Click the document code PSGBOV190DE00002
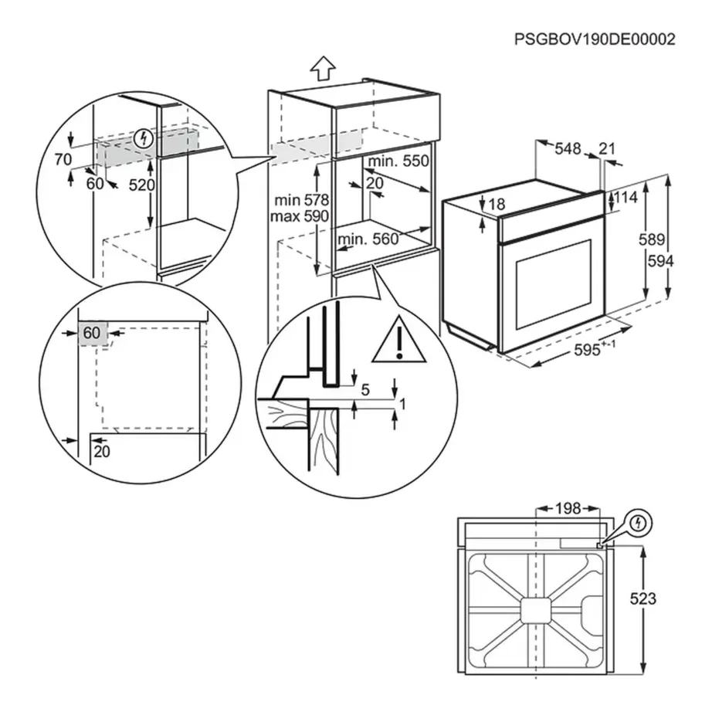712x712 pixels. tap(595, 39)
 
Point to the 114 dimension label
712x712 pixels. tap(626, 198)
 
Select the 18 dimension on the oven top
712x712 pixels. tap(496, 204)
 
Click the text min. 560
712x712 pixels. tap(368, 239)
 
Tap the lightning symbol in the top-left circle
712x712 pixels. tap(143, 139)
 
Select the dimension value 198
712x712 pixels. tap(568, 509)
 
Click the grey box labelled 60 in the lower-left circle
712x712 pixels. tap(92, 333)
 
